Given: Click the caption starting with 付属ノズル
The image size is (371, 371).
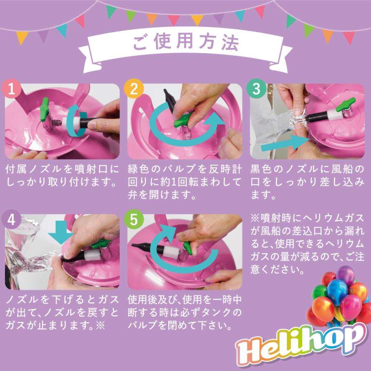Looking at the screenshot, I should click(x=62, y=176).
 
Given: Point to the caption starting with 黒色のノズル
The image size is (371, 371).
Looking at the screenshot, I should click(x=307, y=182).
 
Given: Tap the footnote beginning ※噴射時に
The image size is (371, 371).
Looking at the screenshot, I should click(x=307, y=244).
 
